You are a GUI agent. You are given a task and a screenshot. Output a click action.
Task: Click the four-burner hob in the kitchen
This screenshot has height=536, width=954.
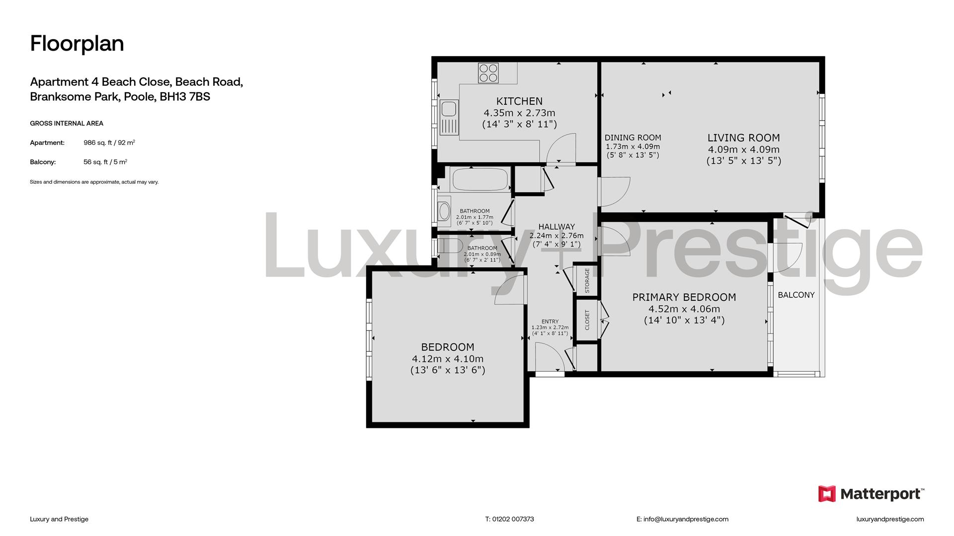tap(488, 73)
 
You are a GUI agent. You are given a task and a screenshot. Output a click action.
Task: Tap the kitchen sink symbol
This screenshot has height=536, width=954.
tap(449, 117)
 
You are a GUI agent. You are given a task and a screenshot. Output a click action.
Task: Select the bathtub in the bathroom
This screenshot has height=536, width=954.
tap(480, 179)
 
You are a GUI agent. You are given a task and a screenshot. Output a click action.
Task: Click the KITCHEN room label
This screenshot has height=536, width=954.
tap(519, 101)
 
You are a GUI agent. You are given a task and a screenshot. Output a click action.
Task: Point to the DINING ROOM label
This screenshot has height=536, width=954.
tap(633, 138)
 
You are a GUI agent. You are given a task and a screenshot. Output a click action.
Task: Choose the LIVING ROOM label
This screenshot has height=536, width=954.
tap(743, 138)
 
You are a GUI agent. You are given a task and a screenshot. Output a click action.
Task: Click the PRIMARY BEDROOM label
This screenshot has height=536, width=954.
tap(684, 297)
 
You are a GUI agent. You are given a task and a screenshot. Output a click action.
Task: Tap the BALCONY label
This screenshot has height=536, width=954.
tap(796, 295)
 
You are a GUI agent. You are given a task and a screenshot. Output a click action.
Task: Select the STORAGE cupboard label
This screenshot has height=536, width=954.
tap(587, 280)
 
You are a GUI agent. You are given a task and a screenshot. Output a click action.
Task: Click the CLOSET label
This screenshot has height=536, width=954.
tap(587, 320)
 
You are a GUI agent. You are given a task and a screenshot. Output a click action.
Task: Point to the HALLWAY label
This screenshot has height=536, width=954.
tap(556, 227)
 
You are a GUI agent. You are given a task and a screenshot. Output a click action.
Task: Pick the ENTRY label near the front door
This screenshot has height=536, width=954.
tap(550, 322)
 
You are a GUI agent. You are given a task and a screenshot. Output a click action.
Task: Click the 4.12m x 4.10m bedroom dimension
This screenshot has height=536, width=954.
tap(447, 359)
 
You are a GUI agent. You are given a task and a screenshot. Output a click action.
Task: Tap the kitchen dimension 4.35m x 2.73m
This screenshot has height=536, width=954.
tap(519, 113)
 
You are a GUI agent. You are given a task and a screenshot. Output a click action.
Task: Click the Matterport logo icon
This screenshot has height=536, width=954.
tap(827, 494)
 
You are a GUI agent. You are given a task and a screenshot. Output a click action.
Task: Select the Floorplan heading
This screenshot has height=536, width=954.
tap(77, 44)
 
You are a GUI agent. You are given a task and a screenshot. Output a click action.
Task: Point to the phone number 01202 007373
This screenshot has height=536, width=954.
tap(513, 519)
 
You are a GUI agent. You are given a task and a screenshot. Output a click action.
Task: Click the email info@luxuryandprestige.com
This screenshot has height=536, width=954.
tap(686, 519)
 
